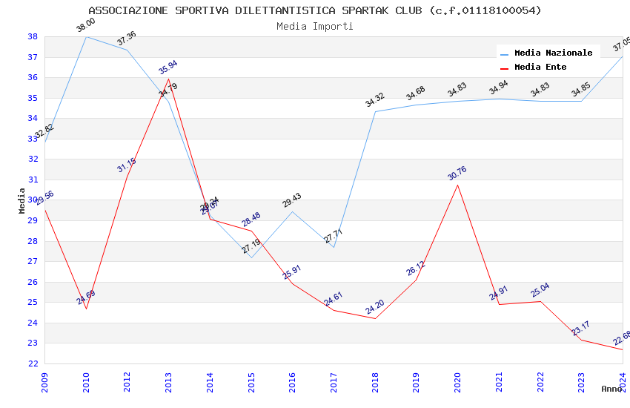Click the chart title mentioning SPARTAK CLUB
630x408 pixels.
click(315, 10)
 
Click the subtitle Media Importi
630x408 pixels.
click(315, 26)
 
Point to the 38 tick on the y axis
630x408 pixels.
click(33, 36)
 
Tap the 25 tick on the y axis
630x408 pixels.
click(33, 302)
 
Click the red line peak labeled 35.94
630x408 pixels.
click(169, 79)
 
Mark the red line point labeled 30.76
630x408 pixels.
click(457, 185)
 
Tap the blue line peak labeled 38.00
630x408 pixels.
click(86, 36)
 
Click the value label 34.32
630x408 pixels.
click(375, 99)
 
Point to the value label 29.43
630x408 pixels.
click(292, 200)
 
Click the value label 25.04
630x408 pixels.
click(540, 290)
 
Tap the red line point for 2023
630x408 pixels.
click(581, 340)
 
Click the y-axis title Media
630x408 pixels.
click(22, 200)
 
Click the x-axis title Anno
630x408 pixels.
click(611, 389)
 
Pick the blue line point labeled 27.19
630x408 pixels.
click(251, 257)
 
